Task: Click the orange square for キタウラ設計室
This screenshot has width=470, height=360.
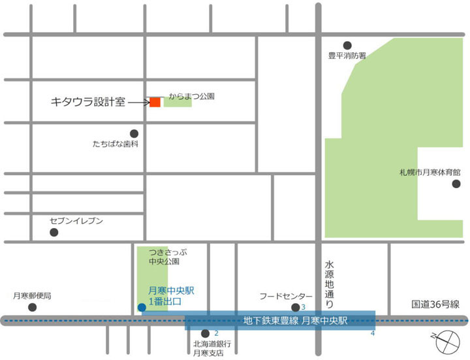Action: (155, 102)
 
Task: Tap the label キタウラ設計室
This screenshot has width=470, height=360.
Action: (87, 102)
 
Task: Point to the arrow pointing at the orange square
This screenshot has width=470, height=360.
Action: (139, 102)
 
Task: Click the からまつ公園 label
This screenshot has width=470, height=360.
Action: (191, 95)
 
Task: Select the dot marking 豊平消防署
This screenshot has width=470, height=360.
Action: (347, 44)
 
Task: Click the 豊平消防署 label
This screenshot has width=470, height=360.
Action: (347, 56)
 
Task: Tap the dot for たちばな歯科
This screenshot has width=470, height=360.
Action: (134, 133)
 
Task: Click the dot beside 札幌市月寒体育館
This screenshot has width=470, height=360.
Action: (456, 184)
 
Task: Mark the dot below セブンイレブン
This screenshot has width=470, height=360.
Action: (54, 233)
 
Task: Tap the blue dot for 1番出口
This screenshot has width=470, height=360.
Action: (142, 307)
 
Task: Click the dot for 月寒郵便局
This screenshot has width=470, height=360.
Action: (33, 307)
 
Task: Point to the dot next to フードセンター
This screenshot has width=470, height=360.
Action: (295, 308)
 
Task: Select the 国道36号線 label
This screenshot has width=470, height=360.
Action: (435, 304)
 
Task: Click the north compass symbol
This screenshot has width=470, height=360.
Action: (448, 340)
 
